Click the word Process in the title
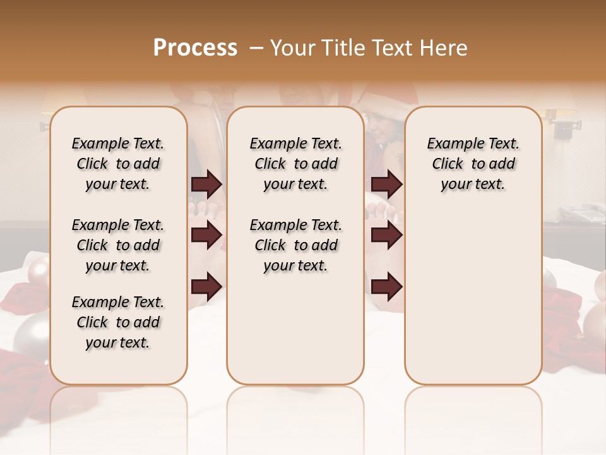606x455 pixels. pos(195,48)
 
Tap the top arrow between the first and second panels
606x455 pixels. pos(206,185)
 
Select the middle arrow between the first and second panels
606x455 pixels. pos(206,235)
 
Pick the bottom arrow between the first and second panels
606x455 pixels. pos(206,286)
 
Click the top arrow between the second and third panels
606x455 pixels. pos(386,185)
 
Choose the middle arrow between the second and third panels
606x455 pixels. pos(386,235)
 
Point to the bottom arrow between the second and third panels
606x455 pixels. pos(386,287)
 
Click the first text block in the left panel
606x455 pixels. pos(118,164)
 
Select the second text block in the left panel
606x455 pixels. pos(118,245)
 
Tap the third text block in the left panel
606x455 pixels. pos(118,322)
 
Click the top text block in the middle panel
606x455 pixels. pos(295,164)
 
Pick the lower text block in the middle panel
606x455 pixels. pos(295,245)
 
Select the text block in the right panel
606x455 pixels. pos(473,164)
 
